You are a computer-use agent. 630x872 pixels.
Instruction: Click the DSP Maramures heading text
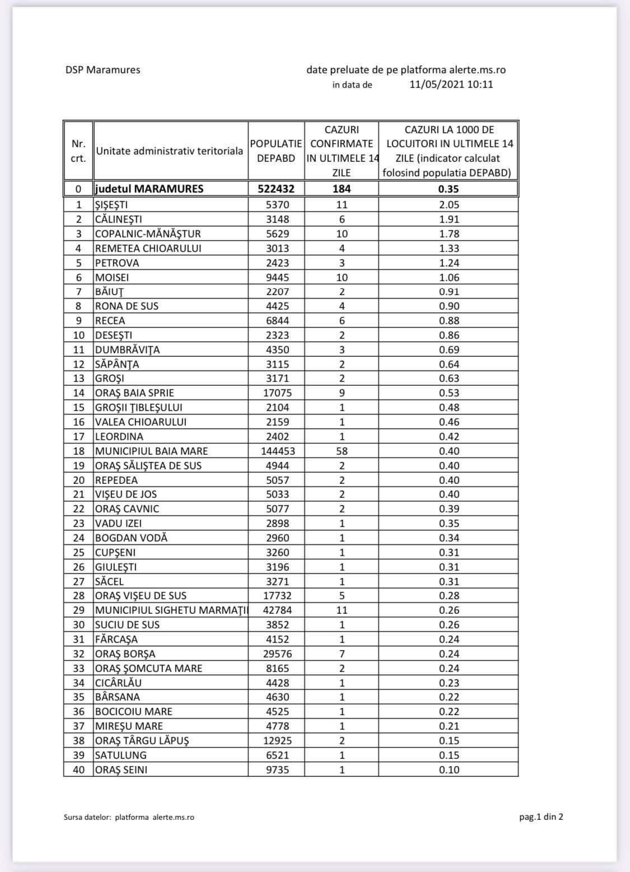point(102,70)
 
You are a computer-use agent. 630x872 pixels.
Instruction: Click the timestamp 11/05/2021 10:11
point(451,85)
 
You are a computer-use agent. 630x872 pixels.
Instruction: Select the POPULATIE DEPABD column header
point(276,151)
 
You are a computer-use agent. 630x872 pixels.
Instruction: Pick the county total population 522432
point(276,189)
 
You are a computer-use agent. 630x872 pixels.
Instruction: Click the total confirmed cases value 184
point(342,189)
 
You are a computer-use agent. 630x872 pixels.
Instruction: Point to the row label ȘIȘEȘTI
point(111,204)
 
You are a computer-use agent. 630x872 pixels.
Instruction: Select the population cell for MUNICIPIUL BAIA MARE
point(278,451)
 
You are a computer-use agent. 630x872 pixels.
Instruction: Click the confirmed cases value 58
point(342,451)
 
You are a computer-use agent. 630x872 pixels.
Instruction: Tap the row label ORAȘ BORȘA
point(125,654)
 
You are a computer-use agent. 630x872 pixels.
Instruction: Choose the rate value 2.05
point(449,204)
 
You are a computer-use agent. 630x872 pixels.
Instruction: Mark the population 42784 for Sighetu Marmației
point(277,610)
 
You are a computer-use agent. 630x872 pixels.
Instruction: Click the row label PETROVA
point(117,263)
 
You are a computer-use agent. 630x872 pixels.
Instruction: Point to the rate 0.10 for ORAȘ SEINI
point(449,770)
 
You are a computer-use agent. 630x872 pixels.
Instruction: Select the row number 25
point(79,552)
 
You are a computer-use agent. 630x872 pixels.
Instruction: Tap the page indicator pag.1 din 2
point(541,817)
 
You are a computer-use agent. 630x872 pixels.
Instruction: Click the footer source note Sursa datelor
point(129,817)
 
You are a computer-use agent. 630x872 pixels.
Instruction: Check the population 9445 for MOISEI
point(277,277)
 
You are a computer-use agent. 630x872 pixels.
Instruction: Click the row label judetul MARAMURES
point(149,189)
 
